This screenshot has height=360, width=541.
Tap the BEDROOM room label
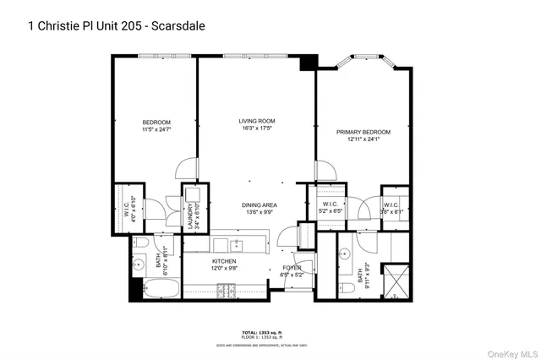point(156,122)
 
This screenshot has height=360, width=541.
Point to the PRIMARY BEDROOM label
point(363,132)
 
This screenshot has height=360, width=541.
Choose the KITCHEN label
point(223,262)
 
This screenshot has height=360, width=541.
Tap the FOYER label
point(292,268)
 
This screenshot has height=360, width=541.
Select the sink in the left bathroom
point(138,264)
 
